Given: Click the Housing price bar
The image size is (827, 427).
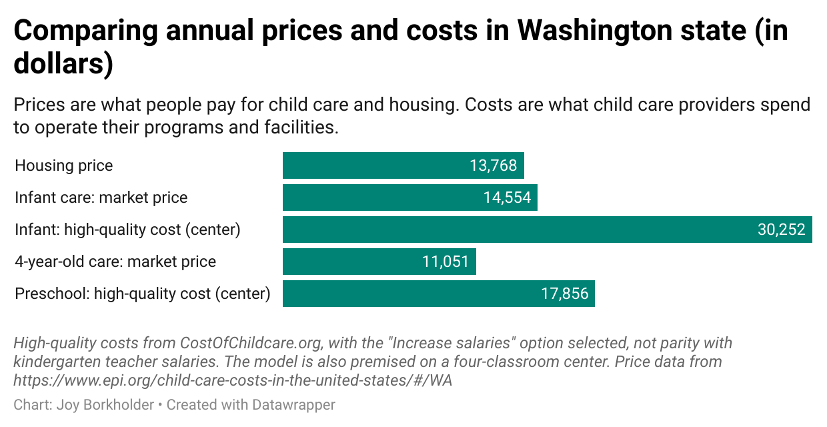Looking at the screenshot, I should point(373,165).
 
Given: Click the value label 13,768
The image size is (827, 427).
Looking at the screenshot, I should point(493,165).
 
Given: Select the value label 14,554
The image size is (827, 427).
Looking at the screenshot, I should point(506,197).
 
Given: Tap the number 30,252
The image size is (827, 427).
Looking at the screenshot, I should point(781,230).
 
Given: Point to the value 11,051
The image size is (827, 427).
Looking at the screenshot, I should point(446,262).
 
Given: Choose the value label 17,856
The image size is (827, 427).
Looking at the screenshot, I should point(564,294).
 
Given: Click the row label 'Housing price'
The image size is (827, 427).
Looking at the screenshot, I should point(64,165).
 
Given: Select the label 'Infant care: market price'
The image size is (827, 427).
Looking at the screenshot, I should point(101,197).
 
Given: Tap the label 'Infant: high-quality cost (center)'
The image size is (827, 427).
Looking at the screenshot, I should point(127,230).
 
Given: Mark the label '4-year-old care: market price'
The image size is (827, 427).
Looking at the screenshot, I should point(115,262).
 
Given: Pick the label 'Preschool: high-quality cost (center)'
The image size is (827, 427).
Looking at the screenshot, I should point(143,294).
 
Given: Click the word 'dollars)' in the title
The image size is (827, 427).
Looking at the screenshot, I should point(63,65).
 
